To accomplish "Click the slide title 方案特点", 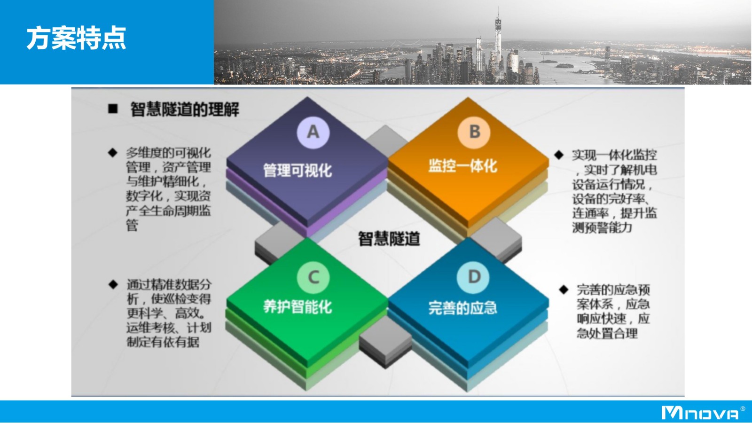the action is tap(76, 38).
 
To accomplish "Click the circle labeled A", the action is tap(313, 132).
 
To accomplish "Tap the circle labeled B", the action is tap(474, 132).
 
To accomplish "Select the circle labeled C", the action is tap(313, 277).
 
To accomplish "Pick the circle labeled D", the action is tap(473, 277).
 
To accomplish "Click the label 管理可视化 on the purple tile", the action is tap(298, 170).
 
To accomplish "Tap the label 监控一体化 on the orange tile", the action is tap(462, 166).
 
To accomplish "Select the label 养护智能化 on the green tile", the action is tap(298, 306).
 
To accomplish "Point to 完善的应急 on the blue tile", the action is tap(462, 308).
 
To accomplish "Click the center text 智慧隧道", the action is tap(389, 239).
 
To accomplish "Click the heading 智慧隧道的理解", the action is tap(185, 110).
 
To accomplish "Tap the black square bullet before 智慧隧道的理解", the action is tap(113, 109).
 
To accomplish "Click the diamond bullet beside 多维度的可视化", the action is tap(113, 153).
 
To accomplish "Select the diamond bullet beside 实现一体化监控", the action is tap(559, 155).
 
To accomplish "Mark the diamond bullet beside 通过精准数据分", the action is tap(113, 284).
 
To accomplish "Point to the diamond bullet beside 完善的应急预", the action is tap(564, 290).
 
